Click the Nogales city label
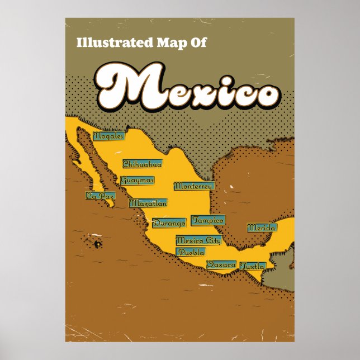coord(109,136)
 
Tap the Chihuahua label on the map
coord(143,164)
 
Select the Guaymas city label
coord(137,181)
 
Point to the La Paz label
coord(100,196)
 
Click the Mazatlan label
coord(148,203)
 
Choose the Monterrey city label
coord(193,186)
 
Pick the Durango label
coord(169,223)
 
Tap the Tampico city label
coord(208,220)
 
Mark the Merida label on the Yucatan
coord(262,228)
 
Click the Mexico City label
coord(198,240)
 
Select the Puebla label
coord(191,252)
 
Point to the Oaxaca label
coord(221,264)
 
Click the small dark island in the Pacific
coord(97,244)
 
